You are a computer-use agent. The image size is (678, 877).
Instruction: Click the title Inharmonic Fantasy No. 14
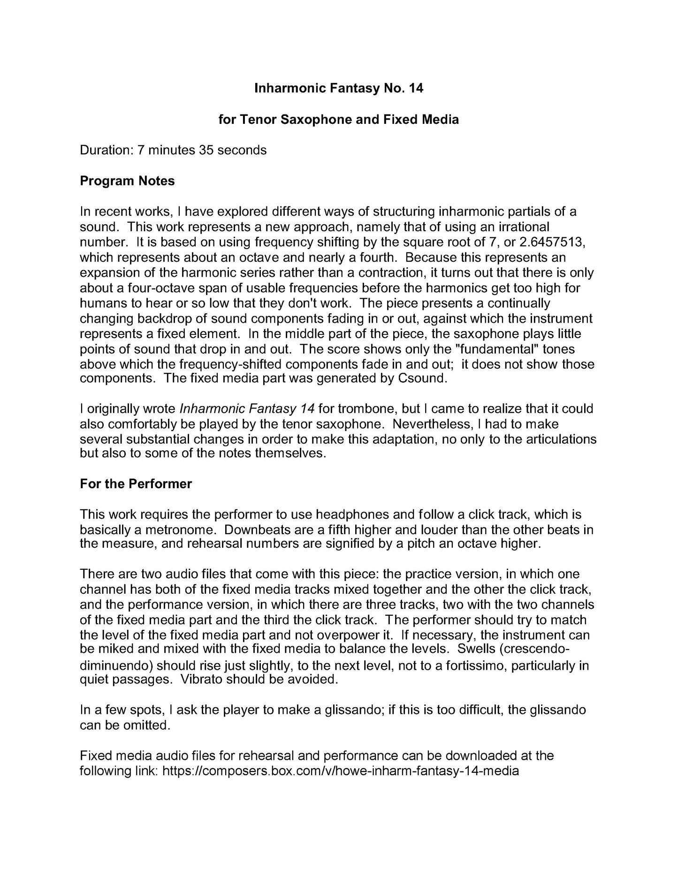pyautogui.click(x=338, y=88)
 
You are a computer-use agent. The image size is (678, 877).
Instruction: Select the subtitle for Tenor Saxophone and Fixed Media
pyautogui.click(x=338, y=120)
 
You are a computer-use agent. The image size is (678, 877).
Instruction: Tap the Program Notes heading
pyautogui.click(x=127, y=181)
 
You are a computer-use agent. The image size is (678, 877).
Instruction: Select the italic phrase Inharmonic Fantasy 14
pyautogui.click(x=247, y=408)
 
